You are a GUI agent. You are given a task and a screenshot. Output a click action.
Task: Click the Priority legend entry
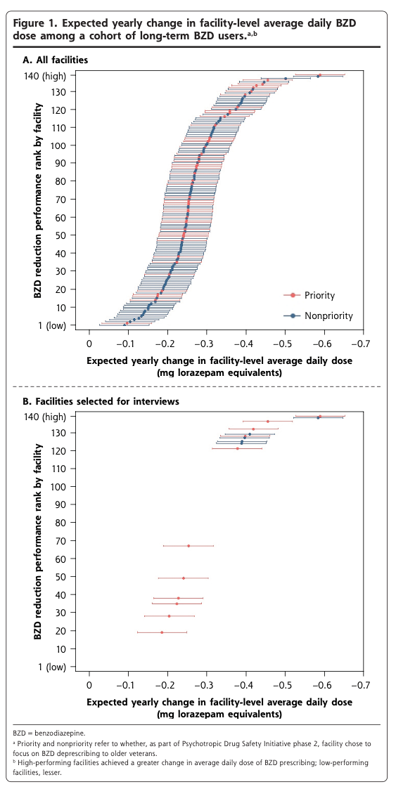309,295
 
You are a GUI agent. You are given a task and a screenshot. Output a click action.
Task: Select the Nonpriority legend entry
319,315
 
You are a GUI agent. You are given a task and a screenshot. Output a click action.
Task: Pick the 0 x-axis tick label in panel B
89,686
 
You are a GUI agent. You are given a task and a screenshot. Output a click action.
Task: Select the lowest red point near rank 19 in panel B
162,632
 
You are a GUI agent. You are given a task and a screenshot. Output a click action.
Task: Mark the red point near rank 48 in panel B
184,578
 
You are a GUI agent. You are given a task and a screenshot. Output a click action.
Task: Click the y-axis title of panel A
38,200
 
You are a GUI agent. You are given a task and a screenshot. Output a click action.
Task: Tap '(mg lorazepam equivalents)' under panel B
219,714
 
